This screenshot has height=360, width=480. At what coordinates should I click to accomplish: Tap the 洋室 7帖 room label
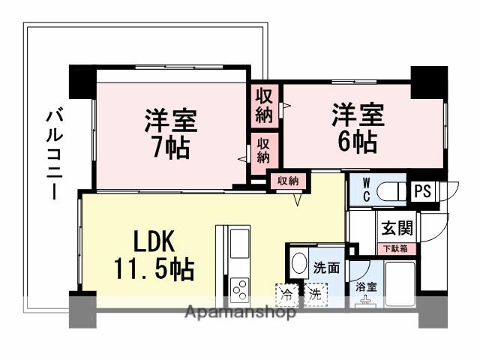(x=171, y=133)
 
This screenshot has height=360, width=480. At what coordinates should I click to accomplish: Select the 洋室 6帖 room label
(x=358, y=128)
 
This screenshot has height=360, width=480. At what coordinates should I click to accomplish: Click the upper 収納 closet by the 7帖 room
(x=264, y=105)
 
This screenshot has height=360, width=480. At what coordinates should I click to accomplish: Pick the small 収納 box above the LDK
(x=288, y=181)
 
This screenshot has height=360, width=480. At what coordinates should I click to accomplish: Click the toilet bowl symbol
(x=389, y=192)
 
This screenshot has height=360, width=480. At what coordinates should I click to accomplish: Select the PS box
(x=423, y=191)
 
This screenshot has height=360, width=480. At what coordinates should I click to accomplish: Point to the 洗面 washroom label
(x=326, y=267)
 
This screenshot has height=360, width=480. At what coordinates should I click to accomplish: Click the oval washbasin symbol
(x=298, y=263)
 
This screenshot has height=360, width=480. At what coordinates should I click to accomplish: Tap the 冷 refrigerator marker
(x=286, y=294)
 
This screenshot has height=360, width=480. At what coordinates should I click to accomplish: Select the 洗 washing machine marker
(x=315, y=294)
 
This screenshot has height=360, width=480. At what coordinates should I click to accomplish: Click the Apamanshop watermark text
(x=240, y=313)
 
